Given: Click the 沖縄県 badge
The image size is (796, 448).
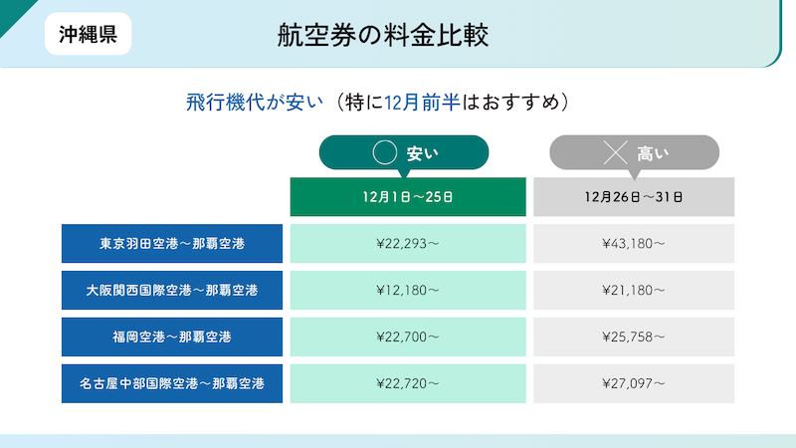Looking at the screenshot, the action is coord(89,34).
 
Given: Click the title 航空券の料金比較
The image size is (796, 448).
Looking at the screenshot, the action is coord(383,35).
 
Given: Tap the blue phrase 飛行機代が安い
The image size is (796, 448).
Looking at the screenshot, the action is coord(255,103).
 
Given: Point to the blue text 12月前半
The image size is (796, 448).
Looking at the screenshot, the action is coord(422,103).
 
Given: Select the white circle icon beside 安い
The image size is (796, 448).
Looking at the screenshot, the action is coord(385,152).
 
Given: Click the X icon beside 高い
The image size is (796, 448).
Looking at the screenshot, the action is coord(615,152).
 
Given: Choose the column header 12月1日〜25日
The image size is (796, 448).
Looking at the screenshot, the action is coord(408,196).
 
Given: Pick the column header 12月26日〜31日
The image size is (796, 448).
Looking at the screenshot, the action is coord(634,196).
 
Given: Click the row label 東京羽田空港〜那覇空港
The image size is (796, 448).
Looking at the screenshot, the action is coord(172,243).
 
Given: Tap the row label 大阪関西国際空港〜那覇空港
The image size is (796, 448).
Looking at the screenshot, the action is coord(172,290).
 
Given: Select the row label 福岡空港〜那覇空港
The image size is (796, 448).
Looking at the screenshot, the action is coord(172,336).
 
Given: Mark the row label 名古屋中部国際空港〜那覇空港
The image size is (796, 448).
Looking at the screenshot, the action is coord(172,383).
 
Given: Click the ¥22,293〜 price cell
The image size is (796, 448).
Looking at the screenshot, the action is coord(408,243).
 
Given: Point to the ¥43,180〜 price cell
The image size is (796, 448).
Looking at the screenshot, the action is coord(634,243).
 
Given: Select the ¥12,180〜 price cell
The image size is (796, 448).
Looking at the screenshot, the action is coord(408,290).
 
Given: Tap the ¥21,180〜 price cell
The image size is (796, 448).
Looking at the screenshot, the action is coord(634,290).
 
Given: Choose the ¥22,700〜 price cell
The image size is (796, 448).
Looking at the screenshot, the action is coord(408,336).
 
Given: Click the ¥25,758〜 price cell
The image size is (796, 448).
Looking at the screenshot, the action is coord(634,336).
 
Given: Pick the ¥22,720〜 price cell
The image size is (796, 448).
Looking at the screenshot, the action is coord(408,383).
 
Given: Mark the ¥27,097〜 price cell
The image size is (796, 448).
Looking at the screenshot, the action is coord(634,383).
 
